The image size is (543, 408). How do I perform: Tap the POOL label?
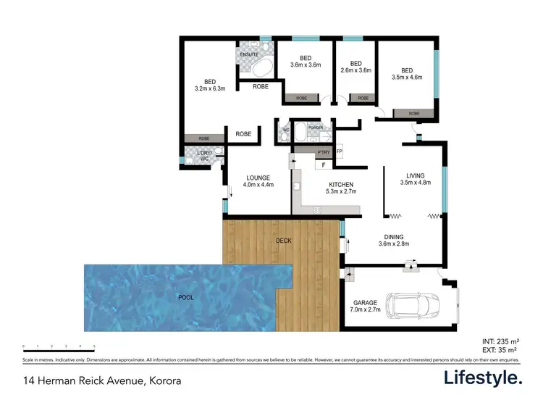click(186, 296)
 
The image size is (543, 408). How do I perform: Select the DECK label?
click(283, 241)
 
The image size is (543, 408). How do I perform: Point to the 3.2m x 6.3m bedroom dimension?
click(210, 89)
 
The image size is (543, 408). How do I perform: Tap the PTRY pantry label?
click(323, 152)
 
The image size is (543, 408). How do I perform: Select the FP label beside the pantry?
click(339, 151)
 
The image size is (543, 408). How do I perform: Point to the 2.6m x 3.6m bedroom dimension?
click(355, 70)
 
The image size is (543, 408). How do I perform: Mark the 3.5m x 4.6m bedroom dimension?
click(406, 77)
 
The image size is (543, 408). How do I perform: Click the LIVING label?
click(415, 175)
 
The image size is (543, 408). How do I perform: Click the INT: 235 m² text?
click(500, 340)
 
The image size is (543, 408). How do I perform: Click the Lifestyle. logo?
click(482, 378)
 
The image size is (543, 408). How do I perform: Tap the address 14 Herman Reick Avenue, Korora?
click(101, 380)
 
